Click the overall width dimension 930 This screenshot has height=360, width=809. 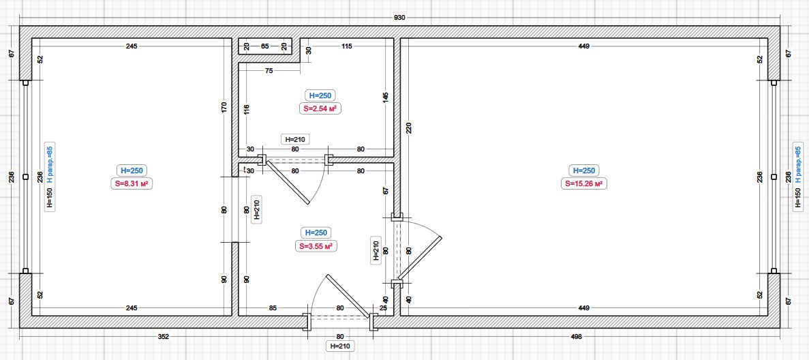[x=399, y=18]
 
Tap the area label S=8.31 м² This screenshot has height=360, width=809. [x=133, y=183]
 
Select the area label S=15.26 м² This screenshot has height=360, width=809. [x=583, y=183]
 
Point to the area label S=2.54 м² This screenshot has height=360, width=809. [x=320, y=108]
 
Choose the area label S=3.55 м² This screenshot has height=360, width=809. [x=318, y=246]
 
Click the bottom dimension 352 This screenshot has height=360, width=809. [x=163, y=337]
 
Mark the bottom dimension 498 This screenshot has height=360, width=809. [x=577, y=337]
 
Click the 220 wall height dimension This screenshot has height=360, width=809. [x=409, y=127]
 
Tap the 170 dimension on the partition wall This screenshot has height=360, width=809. [x=224, y=108]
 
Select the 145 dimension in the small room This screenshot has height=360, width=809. [x=386, y=98]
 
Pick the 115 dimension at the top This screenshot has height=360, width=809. [x=346, y=46]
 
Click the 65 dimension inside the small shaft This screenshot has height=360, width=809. [x=264, y=46]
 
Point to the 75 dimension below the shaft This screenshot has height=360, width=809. [x=269, y=71]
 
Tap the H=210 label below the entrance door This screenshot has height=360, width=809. [x=340, y=346]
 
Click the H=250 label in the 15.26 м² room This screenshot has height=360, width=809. [x=583, y=170]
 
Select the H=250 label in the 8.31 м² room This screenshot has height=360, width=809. [x=133, y=170]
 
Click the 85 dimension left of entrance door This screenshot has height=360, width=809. [x=273, y=308]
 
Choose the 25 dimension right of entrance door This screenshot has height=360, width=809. [x=383, y=308]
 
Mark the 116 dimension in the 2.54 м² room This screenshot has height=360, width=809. [x=247, y=110]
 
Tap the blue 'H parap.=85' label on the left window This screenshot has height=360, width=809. [x=50, y=164]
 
